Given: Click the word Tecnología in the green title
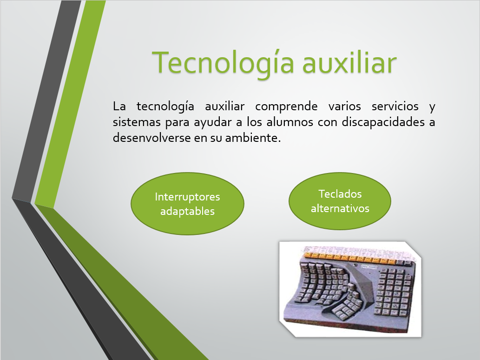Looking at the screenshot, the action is pyautogui.click(x=223, y=63).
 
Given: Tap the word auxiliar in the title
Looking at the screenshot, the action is pyautogui.click(x=349, y=62).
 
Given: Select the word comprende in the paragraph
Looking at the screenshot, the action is pyautogui.click(x=286, y=107).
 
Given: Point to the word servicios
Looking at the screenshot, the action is pyautogui.click(x=395, y=106).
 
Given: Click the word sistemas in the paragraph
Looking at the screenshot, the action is pyautogui.click(x=137, y=122).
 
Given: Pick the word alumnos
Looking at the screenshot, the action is pyautogui.click(x=289, y=122).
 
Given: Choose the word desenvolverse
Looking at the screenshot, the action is pyautogui.click(x=151, y=138).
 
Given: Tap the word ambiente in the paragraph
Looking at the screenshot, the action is pyautogui.click(x=253, y=138).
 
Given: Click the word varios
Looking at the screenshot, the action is pyautogui.click(x=344, y=106).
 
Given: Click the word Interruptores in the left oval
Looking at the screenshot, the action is pyautogui.click(x=187, y=197).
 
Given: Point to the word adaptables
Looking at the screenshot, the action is pyautogui.click(x=187, y=212).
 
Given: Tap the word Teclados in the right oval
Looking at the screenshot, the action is pyautogui.click(x=340, y=194).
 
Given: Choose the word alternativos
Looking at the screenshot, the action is pyautogui.click(x=340, y=208).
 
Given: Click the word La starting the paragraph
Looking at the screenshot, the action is pyautogui.click(x=119, y=106).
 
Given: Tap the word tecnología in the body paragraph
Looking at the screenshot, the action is pyautogui.click(x=165, y=107).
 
